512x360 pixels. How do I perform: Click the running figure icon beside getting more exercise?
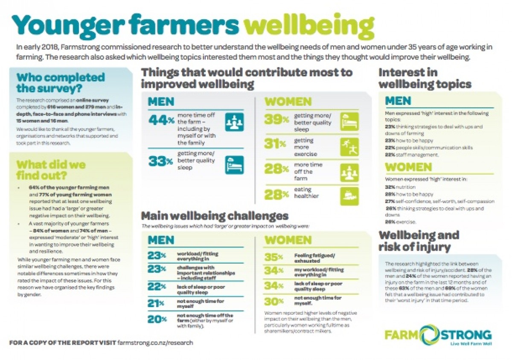349,146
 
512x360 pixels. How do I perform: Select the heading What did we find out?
51,170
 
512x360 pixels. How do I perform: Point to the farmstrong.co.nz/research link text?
155,343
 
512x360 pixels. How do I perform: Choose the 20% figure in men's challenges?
157,319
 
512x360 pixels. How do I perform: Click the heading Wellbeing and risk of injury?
419,241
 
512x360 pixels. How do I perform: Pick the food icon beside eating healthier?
349,196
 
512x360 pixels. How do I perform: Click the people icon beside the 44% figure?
235,121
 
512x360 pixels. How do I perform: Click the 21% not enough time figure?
157,303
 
